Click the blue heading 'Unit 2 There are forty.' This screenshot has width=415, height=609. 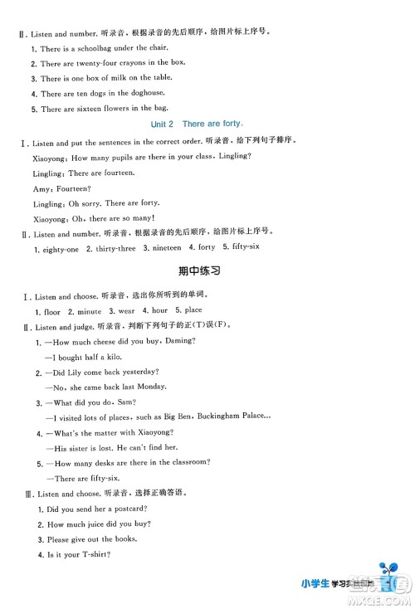tap(207, 124)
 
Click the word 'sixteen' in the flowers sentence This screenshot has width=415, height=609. tap(91, 109)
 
